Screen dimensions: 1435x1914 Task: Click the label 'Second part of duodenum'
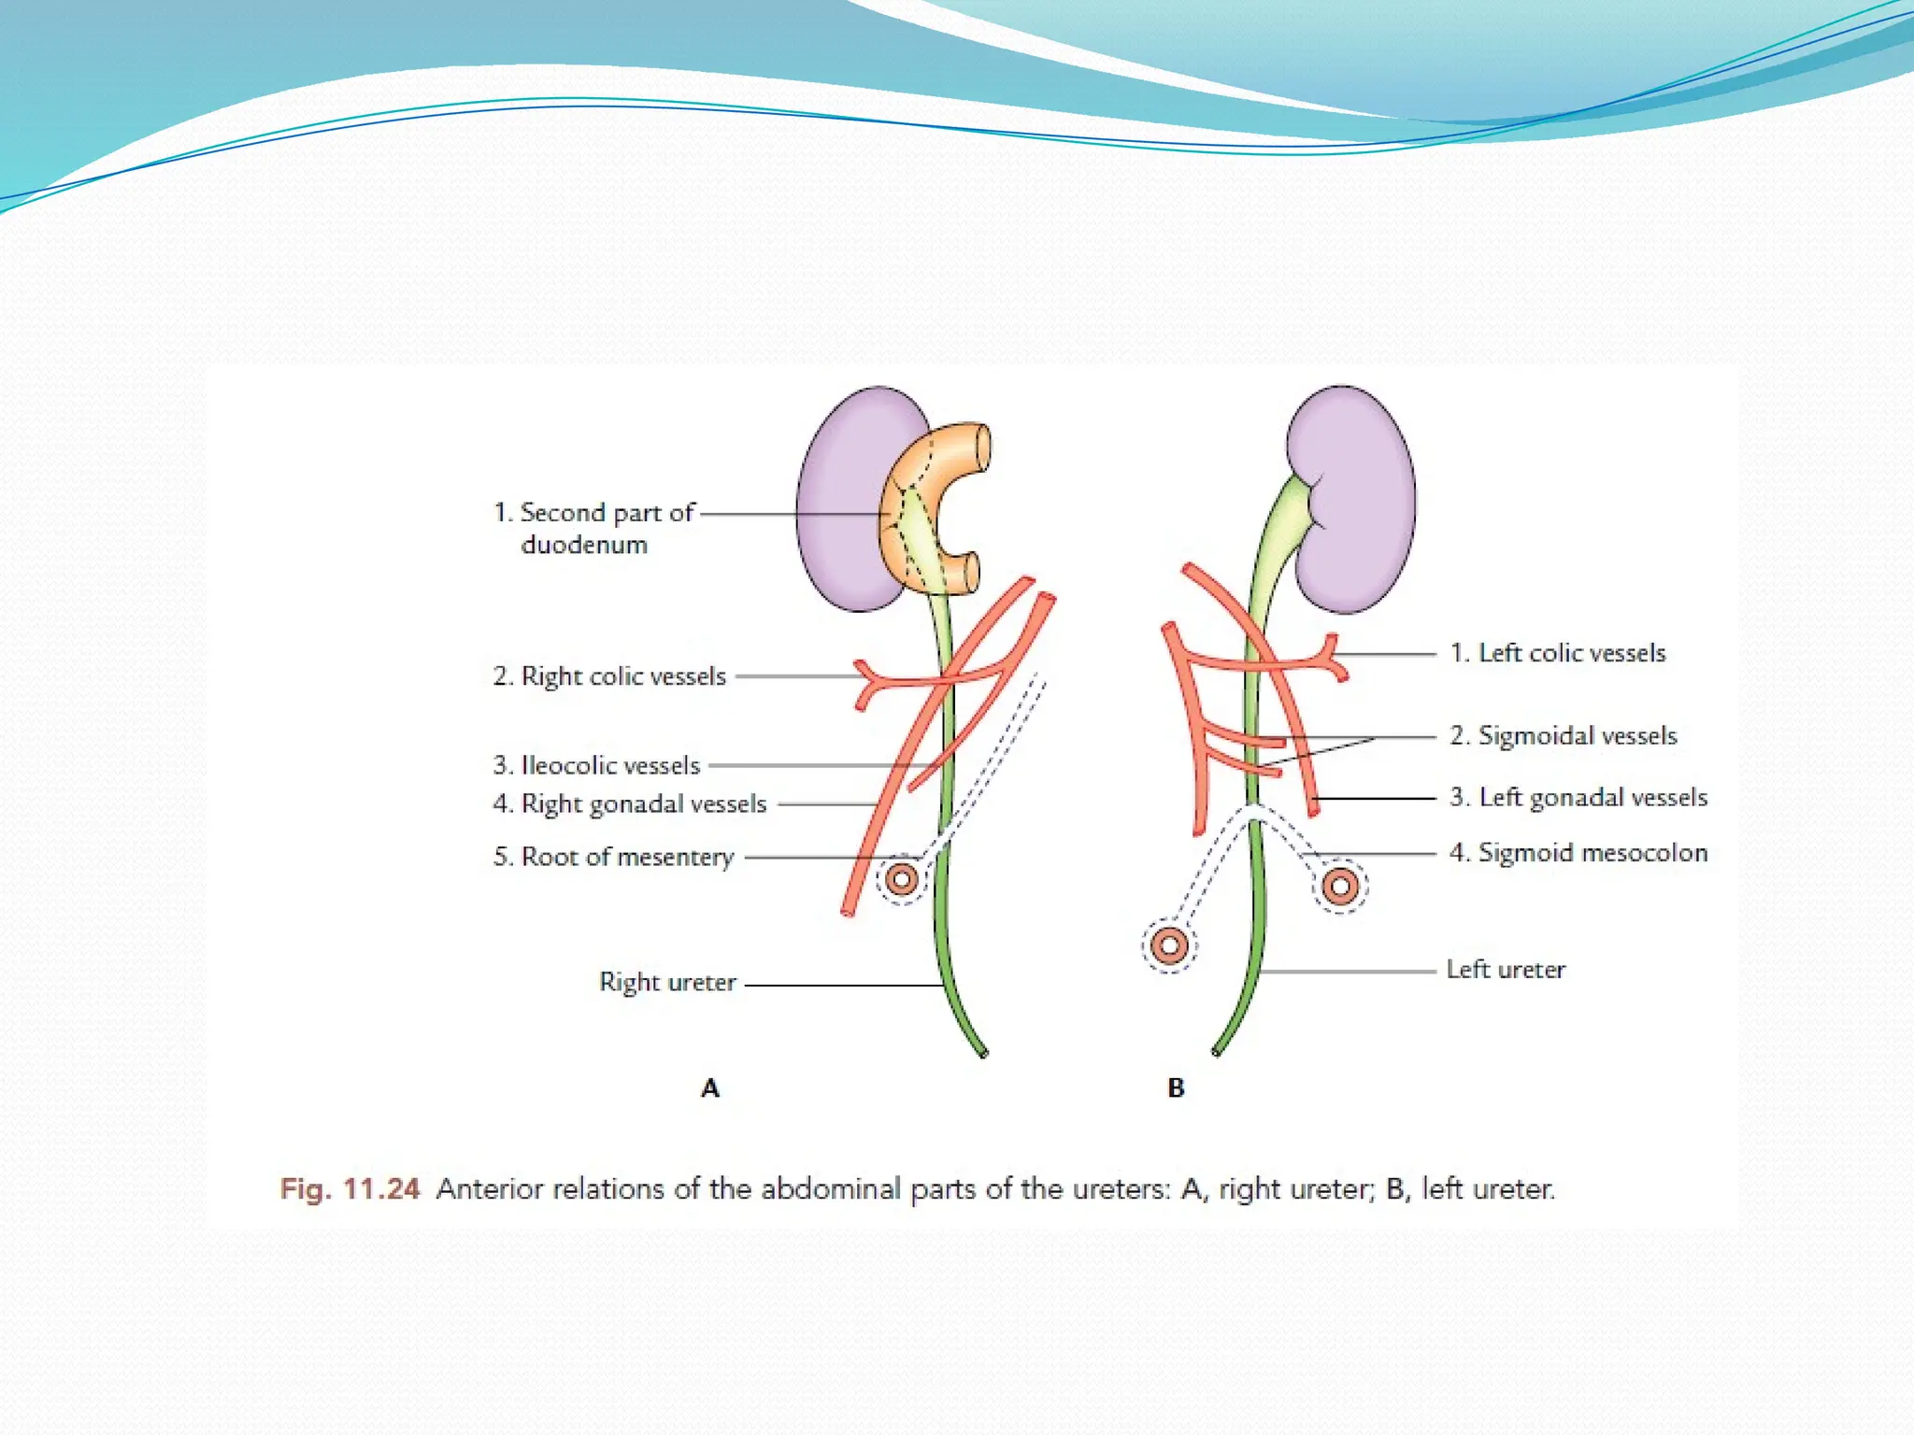coord(594,528)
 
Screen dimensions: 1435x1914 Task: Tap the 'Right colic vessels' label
coord(609,675)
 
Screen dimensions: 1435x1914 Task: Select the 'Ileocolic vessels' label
coord(596,765)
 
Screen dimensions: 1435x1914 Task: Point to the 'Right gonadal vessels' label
coord(630,803)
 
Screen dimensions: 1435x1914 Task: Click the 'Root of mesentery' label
coord(613,856)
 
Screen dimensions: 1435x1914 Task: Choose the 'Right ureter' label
coord(667,982)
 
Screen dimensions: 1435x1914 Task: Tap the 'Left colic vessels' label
coord(1558,653)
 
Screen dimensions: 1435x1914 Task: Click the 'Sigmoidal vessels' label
coord(1564,735)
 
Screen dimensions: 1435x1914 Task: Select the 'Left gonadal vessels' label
coord(1578,797)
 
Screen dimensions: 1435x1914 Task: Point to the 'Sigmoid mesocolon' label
coord(1578,852)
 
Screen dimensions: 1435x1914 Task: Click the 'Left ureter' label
coord(1506,969)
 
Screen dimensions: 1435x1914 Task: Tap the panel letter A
coord(710,1087)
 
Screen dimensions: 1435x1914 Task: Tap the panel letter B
coord(1176,1087)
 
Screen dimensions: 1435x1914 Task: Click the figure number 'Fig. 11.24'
coord(350,1188)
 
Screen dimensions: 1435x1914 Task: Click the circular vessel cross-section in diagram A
coord(902,879)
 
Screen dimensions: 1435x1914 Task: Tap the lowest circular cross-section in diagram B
coord(1168,945)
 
